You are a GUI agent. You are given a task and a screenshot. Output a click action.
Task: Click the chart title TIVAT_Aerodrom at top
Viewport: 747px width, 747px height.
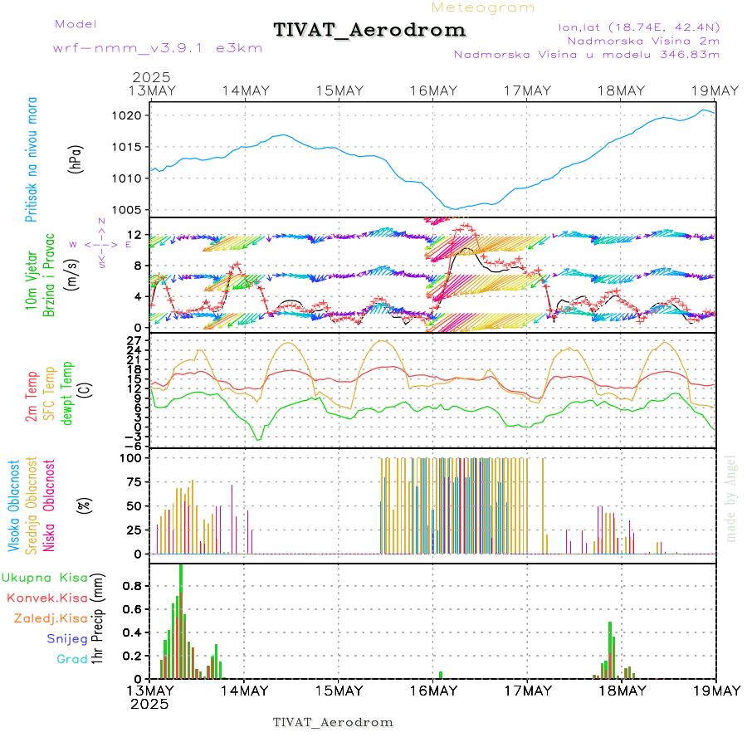click(x=369, y=31)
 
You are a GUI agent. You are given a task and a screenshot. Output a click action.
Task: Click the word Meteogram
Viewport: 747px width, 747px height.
click(x=483, y=7)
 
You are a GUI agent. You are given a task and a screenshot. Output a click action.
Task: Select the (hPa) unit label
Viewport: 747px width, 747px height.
click(x=76, y=159)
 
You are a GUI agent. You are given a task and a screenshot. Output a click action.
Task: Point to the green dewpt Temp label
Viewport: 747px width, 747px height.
click(x=67, y=391)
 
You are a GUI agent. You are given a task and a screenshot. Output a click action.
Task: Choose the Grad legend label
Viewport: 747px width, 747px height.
click(x=72, y=659)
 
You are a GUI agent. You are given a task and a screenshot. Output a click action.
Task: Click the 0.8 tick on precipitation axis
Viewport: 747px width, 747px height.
click(x=134, y=585)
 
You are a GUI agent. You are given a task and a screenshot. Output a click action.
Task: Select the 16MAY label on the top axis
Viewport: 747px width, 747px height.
click(x=433, y=90)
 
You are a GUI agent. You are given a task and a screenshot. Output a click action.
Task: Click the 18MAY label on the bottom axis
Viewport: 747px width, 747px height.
click(x=622, y=691)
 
